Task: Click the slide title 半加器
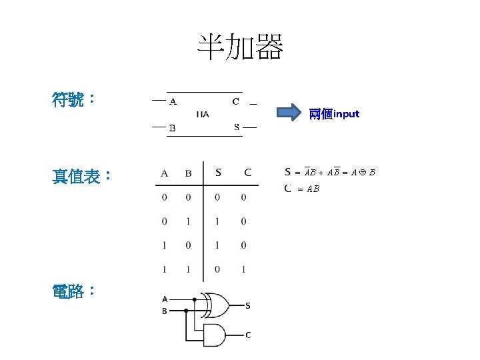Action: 240,47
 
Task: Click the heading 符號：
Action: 74,101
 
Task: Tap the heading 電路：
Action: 74,291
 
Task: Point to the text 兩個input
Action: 334,114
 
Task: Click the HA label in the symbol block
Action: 203,114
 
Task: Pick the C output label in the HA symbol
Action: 235,102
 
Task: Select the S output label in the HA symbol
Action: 236,127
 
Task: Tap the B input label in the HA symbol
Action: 172,127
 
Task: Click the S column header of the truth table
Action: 218,173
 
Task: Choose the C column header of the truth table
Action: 247,173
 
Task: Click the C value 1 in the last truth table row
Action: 243,269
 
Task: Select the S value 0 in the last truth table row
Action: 217,269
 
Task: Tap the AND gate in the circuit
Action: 215,334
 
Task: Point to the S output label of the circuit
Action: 247,306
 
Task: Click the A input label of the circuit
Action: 165,299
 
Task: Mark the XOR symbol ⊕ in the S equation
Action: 361,173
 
